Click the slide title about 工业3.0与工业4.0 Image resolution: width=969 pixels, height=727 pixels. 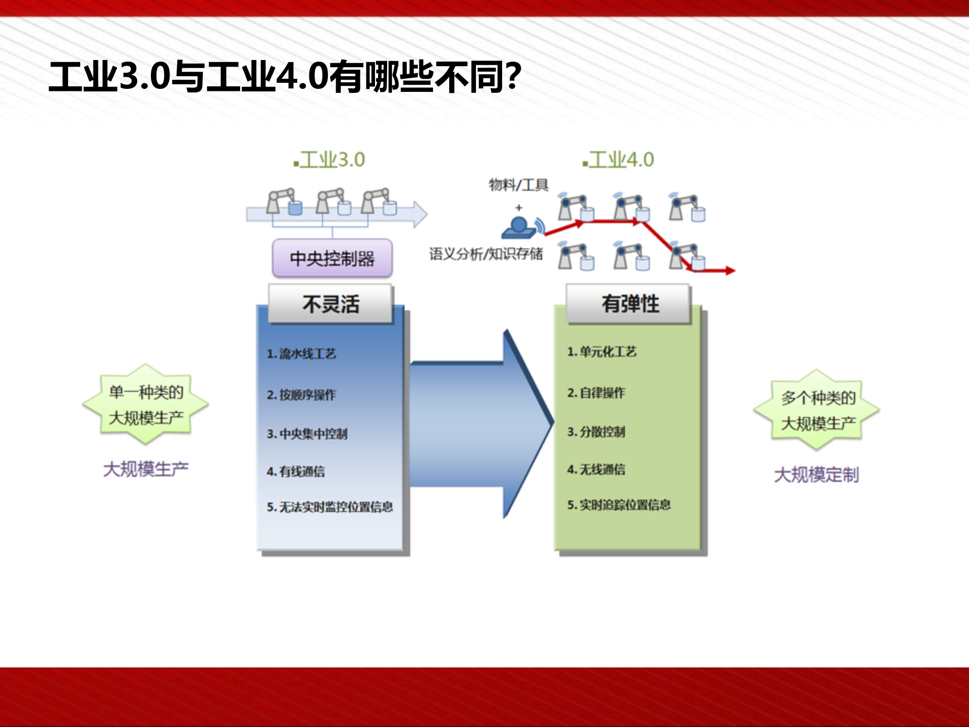point(285,77)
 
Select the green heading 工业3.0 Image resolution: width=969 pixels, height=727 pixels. point(331,160)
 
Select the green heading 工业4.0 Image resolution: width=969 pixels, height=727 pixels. point(619,160)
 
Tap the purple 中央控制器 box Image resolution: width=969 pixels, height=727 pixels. point(332,258)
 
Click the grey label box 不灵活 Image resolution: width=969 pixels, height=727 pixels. point(331,304)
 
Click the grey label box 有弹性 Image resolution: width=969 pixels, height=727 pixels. point(629,304)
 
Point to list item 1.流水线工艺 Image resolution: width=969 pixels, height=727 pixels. point(301,353)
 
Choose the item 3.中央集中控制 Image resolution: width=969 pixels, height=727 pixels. point(307,434)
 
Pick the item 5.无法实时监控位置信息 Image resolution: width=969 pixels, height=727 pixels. point(330,506)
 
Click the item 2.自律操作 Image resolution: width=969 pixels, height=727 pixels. point(596,392)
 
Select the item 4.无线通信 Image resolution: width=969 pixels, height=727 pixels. point(596,470)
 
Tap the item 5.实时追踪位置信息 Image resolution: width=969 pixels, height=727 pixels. point(619,505)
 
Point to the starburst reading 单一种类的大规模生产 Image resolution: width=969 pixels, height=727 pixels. point(146,404)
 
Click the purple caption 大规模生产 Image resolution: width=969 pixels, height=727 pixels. point(146,469)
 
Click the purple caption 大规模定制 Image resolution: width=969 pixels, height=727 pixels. point(816,475)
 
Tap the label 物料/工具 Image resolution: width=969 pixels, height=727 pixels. point(518,185)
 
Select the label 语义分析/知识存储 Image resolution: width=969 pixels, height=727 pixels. point(486,253)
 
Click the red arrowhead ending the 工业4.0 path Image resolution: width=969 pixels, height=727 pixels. point(730,271)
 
